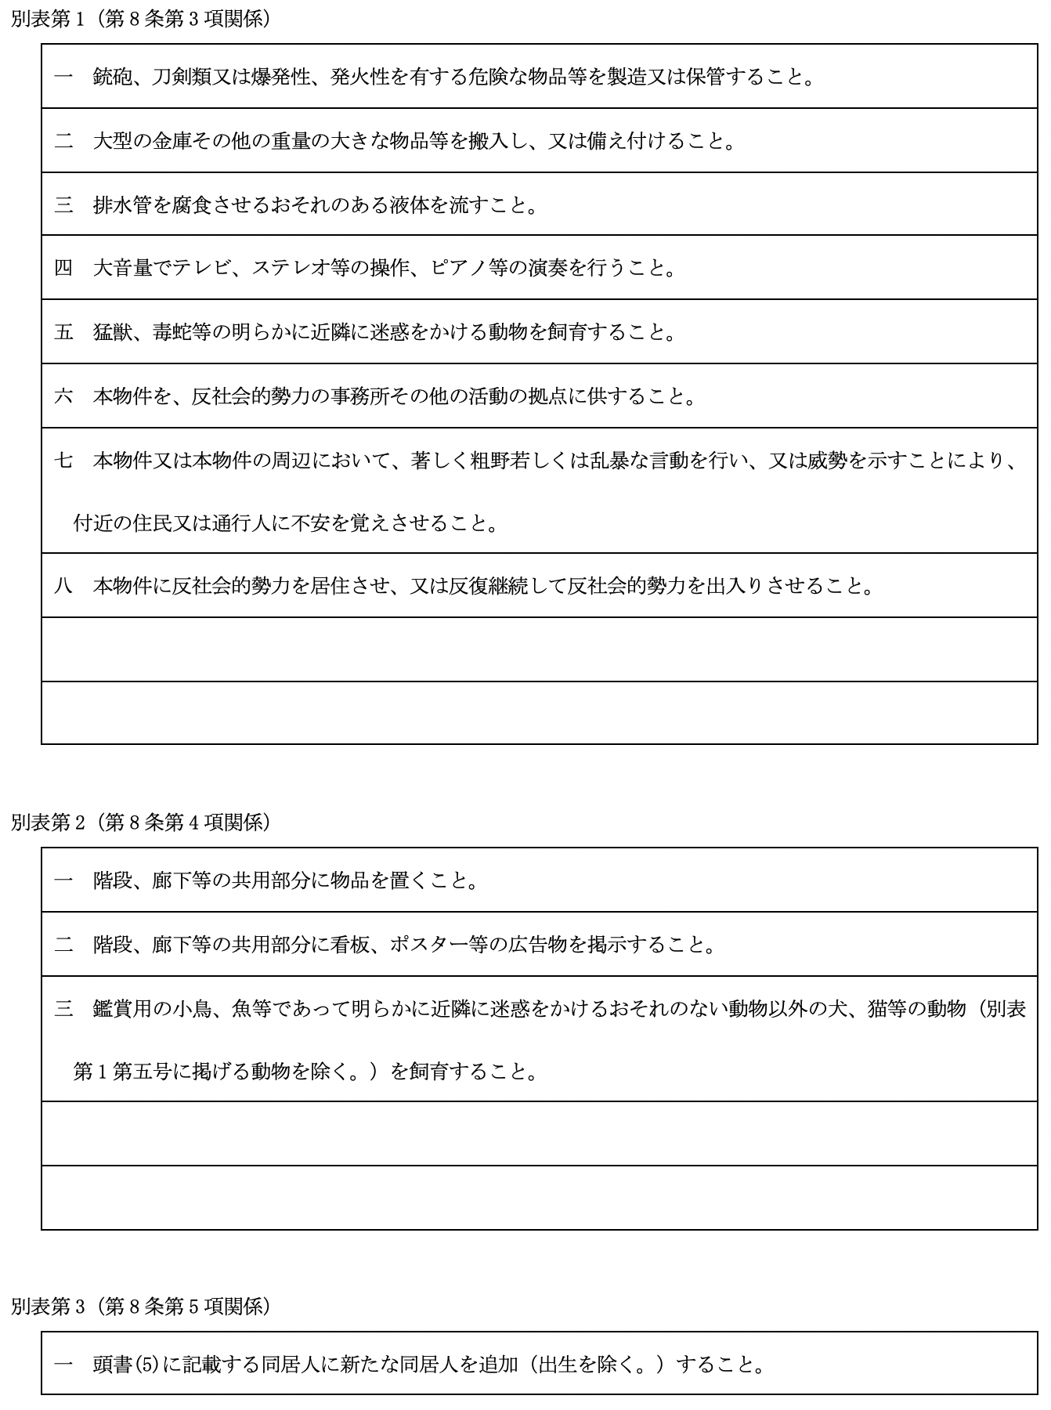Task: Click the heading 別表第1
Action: click(x=49, y=19)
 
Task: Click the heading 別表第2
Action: click(x=49, y=822)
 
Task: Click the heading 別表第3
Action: click(x=49, y=1306)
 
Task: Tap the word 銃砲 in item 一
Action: click(x=113, y=77)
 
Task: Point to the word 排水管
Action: click(x=123, y=205)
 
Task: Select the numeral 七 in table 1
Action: click(x=63, y=460)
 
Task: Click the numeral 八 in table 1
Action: click(x=63, y=586)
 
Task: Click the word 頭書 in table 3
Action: click(x=113, y=1365)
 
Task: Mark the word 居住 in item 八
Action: click(x=330, y=586)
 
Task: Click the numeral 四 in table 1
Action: click(x=63, y=268)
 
